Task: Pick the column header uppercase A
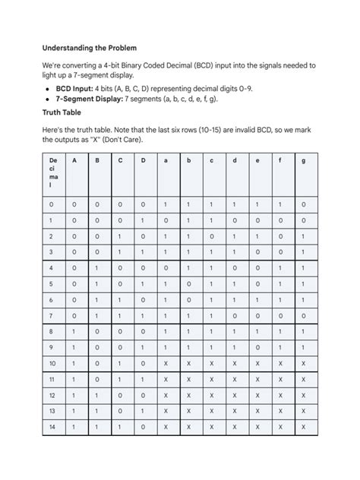pos(74,161)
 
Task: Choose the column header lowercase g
pos(303,161)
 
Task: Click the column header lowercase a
pos(166,161)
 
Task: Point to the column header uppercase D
pos(143,161)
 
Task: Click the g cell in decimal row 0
pos(303,204)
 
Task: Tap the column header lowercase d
pos(235,161)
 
